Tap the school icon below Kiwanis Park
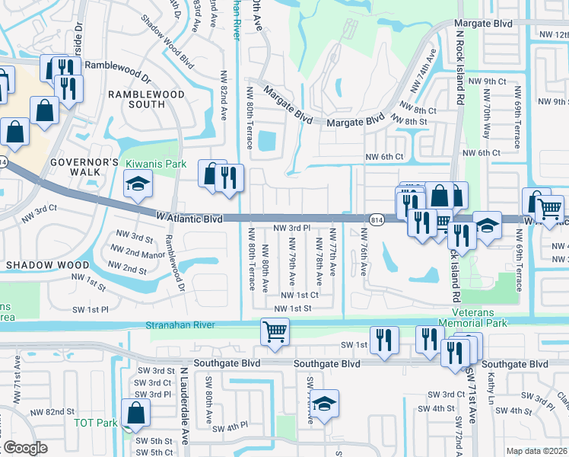coord(138,184)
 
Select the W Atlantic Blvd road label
coord(189,218)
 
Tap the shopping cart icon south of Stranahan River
coord(274,331)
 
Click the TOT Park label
coord(95,423)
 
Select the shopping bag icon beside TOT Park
coord(135,414)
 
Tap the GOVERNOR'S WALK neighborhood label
coord(84,168)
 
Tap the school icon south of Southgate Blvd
coord(325,404)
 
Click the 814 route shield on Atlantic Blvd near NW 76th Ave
coord(377,219)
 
